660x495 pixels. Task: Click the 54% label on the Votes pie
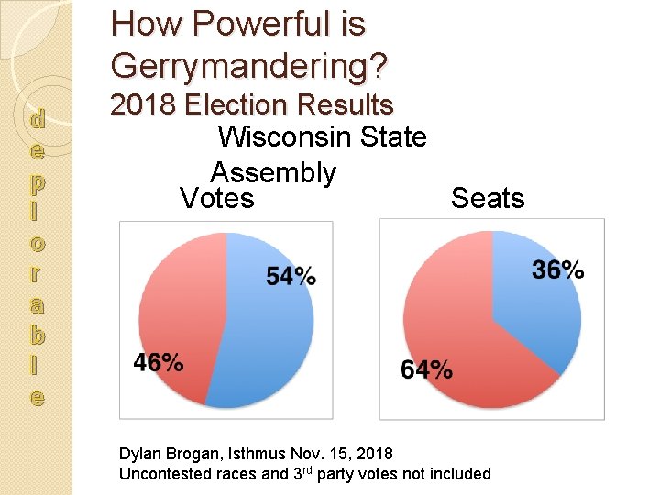[x=291, y=275]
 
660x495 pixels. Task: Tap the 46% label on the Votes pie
[x=158, y=362]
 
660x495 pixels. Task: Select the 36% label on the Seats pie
[x=557, y=269]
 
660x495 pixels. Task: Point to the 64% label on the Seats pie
[x=426, y=369]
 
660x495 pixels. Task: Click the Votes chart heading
[x=217, y=199]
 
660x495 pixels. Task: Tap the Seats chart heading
[x=488, y=199]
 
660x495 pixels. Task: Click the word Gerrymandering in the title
[x=248, y=65]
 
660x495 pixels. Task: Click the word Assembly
[x=273, y=172]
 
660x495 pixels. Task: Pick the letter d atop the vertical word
[x=37, y=118]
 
